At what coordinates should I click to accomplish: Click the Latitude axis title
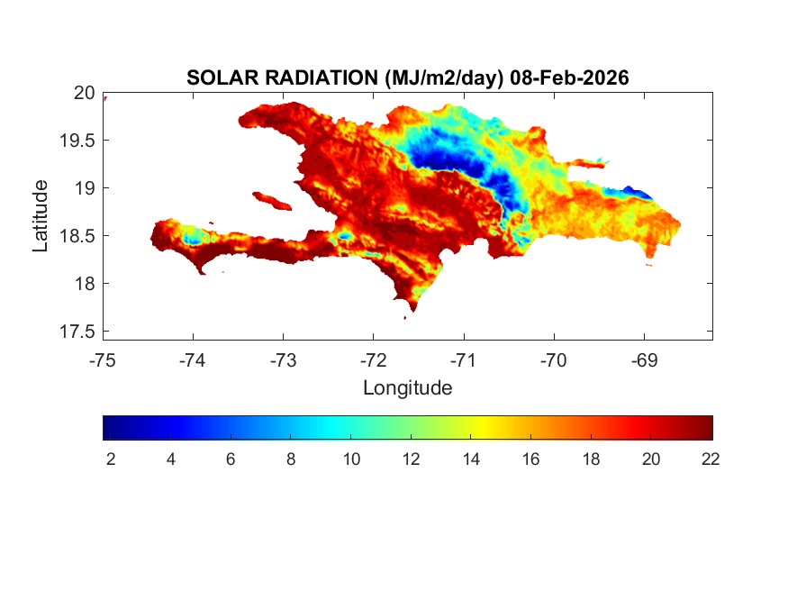pyautogui.click(x=41, y=215)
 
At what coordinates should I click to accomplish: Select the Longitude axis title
pyautogui.click(x=407, y=388)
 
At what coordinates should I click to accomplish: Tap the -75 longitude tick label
pyautogui.click(x=103, y=360)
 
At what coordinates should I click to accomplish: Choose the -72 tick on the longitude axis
pyautogui.click(x=373, y=360)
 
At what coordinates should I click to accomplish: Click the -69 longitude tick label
pyautogui.click(x=643, y=360)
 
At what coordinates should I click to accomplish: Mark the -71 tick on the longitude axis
pyautogui.click(x=463, y=360)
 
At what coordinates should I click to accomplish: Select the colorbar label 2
pyautogui.click(x=111, y=459)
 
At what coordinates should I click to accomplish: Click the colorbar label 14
pyautogui.click(x=471, y=459)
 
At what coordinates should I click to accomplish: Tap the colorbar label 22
pyautogui.click(x=711, y=459)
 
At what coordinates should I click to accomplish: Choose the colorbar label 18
pyautogui.click(x=591, y=459)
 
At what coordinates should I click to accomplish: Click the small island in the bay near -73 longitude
pyautogui.click(x=269, y=199)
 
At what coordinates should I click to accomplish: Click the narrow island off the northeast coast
pyautogui.click(x=589, y=163)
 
